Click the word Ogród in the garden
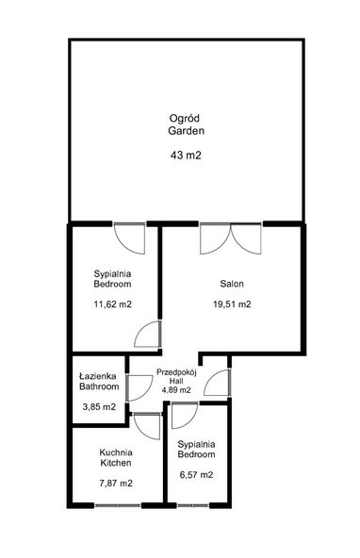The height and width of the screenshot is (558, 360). point(184,119)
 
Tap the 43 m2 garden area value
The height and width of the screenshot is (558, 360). point(186,156)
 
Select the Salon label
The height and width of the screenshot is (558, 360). point(232,284)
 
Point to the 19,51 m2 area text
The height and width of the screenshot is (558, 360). point(232,304)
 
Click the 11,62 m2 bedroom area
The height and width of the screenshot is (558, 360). point(112,304)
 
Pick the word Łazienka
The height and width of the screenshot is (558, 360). point(97,376)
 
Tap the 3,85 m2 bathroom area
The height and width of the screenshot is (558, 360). point(99,407)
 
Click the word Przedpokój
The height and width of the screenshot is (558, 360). point(176,372)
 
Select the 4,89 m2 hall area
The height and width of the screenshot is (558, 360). point(176,390)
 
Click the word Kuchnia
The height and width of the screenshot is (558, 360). point(116,452)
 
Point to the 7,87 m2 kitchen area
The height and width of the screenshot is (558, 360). point(116,484)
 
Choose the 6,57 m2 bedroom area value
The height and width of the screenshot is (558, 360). point(196,475)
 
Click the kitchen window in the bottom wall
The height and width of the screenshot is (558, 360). point(118,505)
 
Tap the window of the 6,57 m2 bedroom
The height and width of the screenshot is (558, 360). point(192,505)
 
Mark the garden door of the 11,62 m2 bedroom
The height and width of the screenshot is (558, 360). point(129,238)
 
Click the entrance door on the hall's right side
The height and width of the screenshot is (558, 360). point(218,383)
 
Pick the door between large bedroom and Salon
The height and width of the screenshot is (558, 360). point(148,334)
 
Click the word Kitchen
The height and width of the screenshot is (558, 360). point(116,463)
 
